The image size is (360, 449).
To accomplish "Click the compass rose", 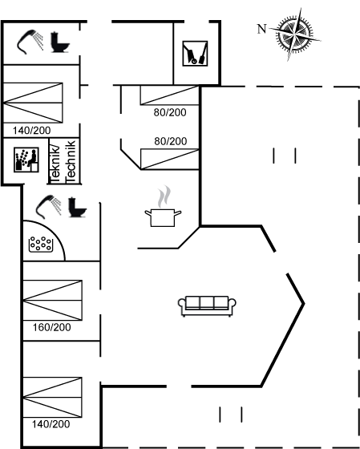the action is click(295, 34).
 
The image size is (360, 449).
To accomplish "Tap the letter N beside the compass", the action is click(261, 29).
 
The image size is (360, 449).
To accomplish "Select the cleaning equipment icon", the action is click(195, 54).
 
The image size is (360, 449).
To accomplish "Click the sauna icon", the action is click(26, 160).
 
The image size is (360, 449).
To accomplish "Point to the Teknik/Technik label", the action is click(63, 161).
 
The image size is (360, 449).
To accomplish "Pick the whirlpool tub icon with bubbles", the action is click(41, 245).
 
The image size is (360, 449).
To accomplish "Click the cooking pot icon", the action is click(163, 217).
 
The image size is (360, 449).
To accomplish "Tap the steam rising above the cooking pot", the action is click(164, 196).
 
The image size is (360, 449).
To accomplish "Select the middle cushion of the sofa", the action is click(207, 302).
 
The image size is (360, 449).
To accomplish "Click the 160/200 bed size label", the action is click(52, 327).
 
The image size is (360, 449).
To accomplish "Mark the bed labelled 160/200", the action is click(52, 300).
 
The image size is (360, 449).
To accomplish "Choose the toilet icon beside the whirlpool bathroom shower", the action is click(77, 207).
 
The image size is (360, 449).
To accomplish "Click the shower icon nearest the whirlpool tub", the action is click(48, 207).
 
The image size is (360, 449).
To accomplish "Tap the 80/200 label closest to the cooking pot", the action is click(171, 141).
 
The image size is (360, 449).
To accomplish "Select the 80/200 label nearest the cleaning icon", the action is click(170, 112).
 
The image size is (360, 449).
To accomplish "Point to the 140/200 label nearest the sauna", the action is click(32, 131).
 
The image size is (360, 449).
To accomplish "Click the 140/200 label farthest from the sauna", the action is click(51, 424).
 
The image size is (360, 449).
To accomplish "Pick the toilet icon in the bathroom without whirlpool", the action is click(60, 42).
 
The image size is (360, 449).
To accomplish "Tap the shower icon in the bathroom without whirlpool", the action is click(30, 42).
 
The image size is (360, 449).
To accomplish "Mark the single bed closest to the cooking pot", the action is click(169, 160).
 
